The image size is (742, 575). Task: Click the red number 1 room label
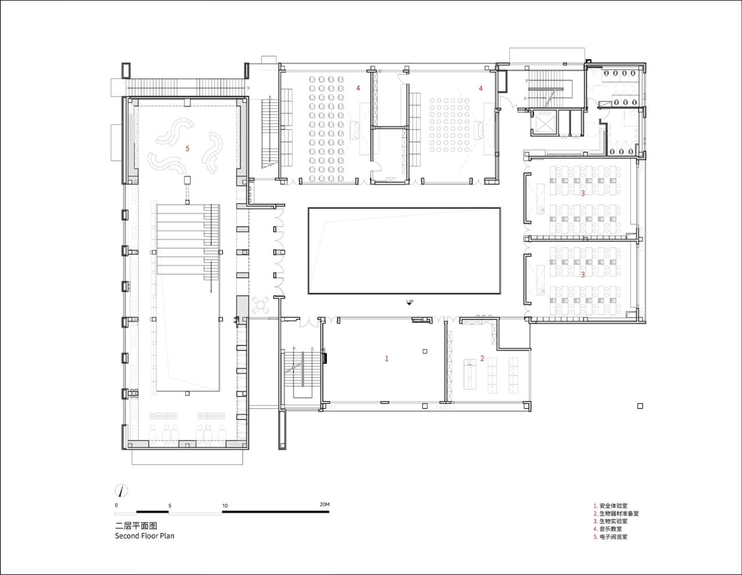pyautogui.click(x=387, y=359)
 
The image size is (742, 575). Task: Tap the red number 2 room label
pyautogui.click(x=482, y=359)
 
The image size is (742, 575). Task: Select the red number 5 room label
pyautogui.click(x=187, y=149)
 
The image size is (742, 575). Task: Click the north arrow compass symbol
pyautogui.click(x=121, y=490)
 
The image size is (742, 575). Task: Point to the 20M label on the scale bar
pyautogui.click(x=324, y=505)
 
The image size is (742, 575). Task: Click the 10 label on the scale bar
pyautogui.click(x=224, y=505)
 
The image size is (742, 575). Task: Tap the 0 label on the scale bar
pyautogui.click(x=117, y=505)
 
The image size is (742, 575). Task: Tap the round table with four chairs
pyautogui.click(x=261, y=304)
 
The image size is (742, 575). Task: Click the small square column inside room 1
pyautogui.click(x=425, y=351)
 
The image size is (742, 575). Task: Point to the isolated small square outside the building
pyautogui.click(x=640, y=406)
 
